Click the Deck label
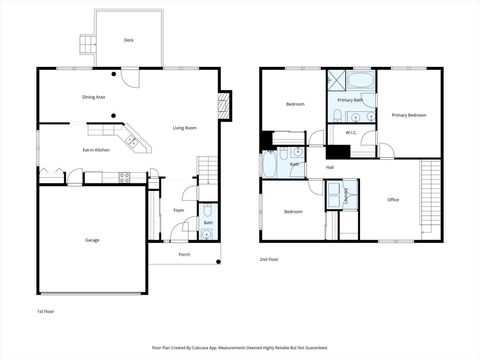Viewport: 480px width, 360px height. pos(128,40)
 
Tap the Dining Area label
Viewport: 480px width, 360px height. pos(94,97)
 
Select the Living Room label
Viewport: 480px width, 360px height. pos(184,128)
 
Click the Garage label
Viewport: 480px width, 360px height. pos(92,240)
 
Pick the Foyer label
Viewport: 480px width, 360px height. pos(178,210)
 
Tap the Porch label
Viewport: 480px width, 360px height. pos(184,255)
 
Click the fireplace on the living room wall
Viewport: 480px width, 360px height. pos(224,104)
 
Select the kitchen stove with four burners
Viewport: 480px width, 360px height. pos(125,178)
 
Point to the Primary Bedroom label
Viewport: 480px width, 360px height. pos(409,116)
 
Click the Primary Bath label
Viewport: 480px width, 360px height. pos(350,100)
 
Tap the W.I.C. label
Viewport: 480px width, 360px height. pos(351,132)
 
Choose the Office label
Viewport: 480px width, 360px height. pos(393,200)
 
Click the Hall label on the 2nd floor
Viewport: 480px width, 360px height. pos(329,167)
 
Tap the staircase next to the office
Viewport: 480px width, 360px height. pos(431,195)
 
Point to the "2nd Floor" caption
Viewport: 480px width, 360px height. pos(270,259)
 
